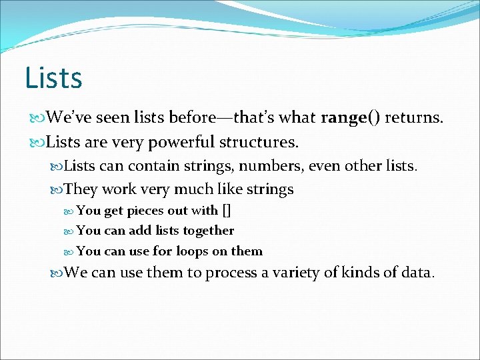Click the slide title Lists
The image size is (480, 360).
point(53,77)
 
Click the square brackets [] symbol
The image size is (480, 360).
point(227,211)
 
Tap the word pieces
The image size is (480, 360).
point(147,211)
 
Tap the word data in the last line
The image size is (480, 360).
point(417,273)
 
